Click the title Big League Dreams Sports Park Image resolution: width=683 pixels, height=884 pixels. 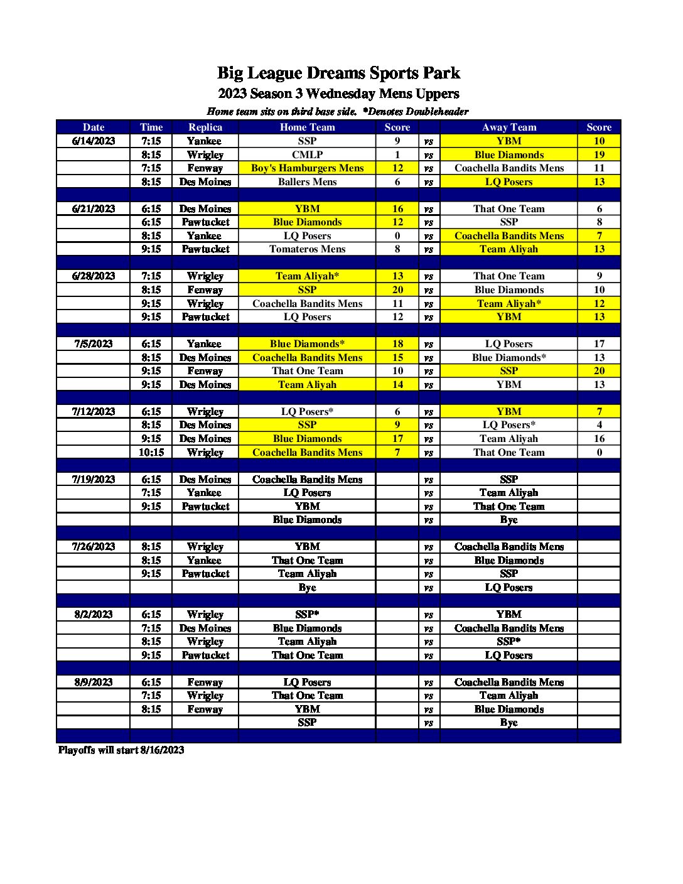pos(338,73)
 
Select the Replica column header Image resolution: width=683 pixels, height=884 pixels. pos(205,127)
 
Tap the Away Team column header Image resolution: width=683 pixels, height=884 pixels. pos(508,127)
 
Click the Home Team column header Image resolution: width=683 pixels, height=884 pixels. pos(307,127)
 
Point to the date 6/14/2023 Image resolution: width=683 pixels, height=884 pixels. pos(94,141)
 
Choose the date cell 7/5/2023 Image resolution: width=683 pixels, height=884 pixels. pos(94,343)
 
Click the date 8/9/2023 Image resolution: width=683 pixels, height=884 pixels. pos(94,682)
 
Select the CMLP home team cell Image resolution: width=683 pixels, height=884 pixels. pos(307,154)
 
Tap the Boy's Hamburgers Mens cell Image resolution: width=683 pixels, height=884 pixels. pos(307,168)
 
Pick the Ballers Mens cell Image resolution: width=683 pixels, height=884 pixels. pos(307,181)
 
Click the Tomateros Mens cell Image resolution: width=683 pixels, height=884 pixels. pos(307,249)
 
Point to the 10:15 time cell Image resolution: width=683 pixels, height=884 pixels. pos(151,452)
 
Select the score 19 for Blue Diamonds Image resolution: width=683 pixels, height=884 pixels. pos(599,154)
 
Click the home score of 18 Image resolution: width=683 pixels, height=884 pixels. pos(397,343)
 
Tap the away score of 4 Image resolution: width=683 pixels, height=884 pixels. pos(599,424)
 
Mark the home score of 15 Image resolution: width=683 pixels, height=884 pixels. pos(397,357)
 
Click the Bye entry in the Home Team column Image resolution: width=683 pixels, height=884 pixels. pos(307,587)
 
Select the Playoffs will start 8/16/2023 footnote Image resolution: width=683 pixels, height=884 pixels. pos(121,750)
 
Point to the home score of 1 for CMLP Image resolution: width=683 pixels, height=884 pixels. pos(397,154)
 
